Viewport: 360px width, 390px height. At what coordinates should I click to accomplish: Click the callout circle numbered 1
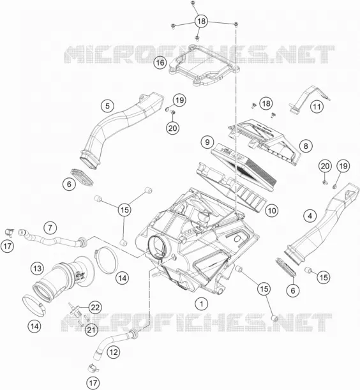pos(202,304)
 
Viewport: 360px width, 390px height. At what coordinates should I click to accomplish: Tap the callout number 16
pos(160,63)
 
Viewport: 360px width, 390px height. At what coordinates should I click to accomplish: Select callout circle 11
pos(317,107)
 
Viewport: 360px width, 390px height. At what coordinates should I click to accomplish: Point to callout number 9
pos(207,142)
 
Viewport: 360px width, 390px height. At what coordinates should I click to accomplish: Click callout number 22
pos(95,308)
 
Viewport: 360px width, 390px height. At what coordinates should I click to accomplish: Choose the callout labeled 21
pos(91,330)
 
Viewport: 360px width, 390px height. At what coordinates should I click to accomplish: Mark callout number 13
pos(37,269)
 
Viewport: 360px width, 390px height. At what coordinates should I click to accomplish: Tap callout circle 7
pos(50,228)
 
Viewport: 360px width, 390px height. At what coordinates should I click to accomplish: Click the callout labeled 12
pos(114,352)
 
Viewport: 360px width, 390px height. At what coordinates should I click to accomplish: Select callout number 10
pos(272,211)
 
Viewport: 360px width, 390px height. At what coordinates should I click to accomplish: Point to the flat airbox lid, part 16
pos(203,65)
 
